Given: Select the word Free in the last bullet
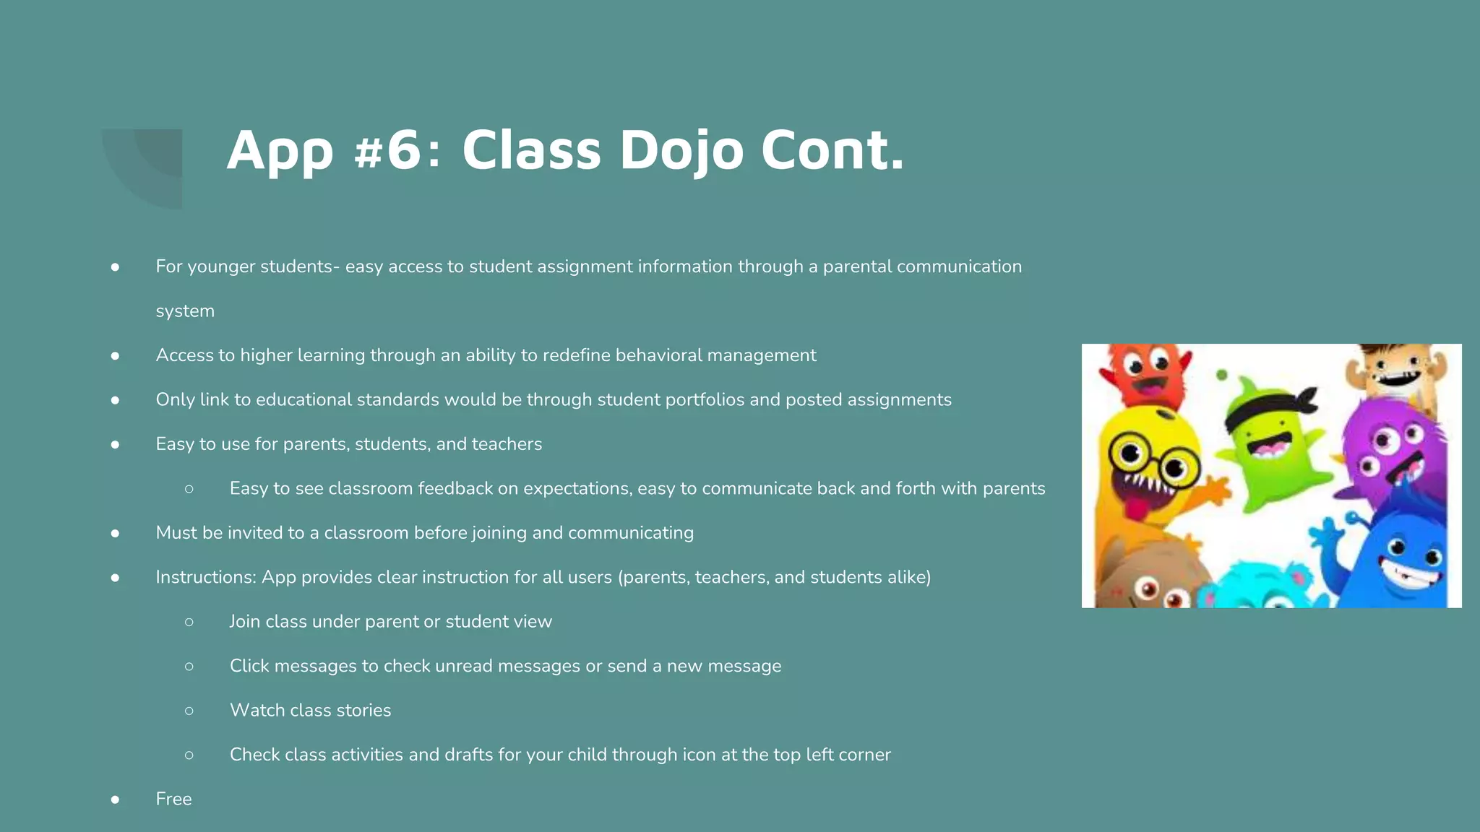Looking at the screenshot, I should pyautogui.click(x=173, y=799).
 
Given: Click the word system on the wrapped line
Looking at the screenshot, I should pyautogui.click(x=185, y=311).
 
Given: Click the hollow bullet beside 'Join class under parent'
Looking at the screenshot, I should pyautogui.click(x=189, y=622).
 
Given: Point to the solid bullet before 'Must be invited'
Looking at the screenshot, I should pyautogui.click(x=115, y=533).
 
